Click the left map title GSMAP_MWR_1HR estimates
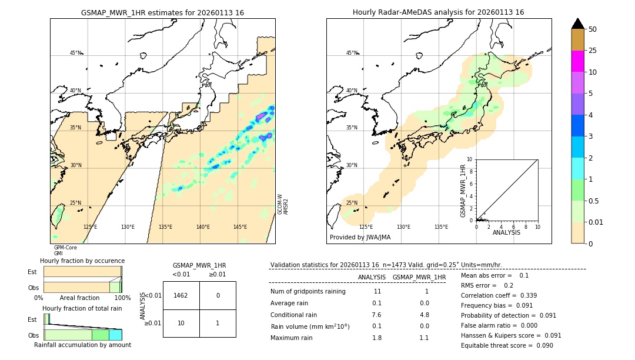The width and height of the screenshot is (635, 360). (x=162, y=12)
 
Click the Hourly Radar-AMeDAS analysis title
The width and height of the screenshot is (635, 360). (x=438, y=12)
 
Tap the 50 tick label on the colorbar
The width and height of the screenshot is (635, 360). (x=593, y=29)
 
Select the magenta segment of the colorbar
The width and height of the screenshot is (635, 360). (x=577, y=61)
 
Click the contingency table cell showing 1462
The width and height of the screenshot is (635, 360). (x=181, y=295)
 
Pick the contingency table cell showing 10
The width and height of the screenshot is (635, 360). (x=181, y=323)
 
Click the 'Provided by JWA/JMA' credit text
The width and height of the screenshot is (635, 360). (x=360, y=237)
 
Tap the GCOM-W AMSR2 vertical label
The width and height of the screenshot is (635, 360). (x=283, y=204)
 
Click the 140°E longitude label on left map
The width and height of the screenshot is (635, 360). (x=203, y=227)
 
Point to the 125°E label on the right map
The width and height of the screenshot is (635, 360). (x=366, y=227)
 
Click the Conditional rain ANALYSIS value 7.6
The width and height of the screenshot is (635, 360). (x=377, y=315)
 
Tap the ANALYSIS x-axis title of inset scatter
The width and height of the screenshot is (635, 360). (x=506, y=232)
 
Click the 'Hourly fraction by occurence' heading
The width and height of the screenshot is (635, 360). (x=82, y=261)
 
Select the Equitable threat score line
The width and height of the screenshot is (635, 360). (x=507, y=345)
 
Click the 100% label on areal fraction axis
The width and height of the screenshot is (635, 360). (x=122, y=298)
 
